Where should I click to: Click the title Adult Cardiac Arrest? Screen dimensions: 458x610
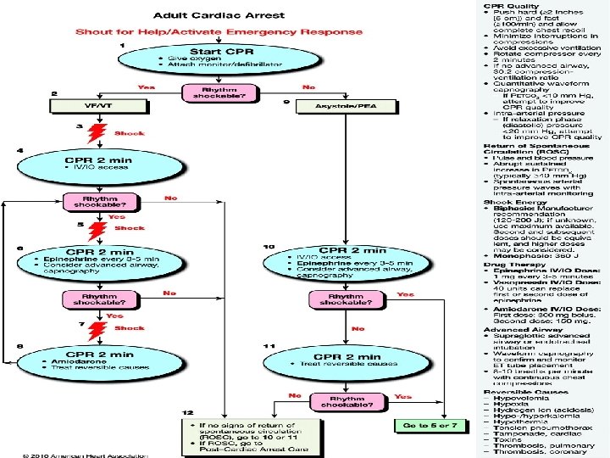tap(219, 14)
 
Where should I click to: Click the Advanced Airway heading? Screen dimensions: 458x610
tap(513, 329)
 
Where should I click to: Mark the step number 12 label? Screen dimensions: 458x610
tap(188, 412)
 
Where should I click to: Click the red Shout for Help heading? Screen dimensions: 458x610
tap(219, 32)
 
